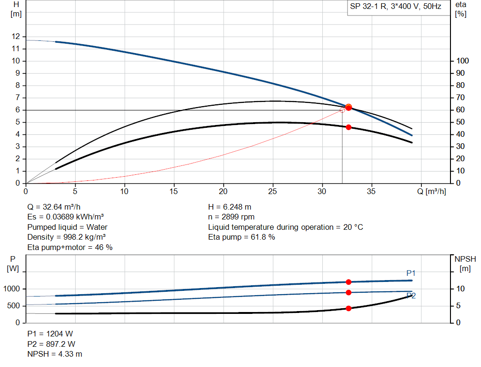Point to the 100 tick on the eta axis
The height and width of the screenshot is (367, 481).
click(x=463, y=61)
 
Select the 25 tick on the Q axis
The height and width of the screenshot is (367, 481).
click(x=273, y=192)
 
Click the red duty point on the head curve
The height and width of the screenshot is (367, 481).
click(x=349, y=107)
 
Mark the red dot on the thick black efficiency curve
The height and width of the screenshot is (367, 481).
click(x=349, y=127)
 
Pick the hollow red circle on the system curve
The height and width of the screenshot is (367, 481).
click(x=342, y=110)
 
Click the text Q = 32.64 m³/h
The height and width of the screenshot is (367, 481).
click(x=57, y=207)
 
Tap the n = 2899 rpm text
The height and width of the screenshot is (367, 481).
click(x=232, y=217)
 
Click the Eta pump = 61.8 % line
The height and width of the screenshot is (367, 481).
click(x=241, y=237)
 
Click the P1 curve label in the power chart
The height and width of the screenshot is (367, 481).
click(x=411, y=273)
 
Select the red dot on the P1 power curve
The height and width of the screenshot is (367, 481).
click(x=349, y=282)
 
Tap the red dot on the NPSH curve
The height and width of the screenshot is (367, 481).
click(x=349, y=309)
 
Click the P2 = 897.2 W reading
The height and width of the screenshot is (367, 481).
click(x=51, y=344)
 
